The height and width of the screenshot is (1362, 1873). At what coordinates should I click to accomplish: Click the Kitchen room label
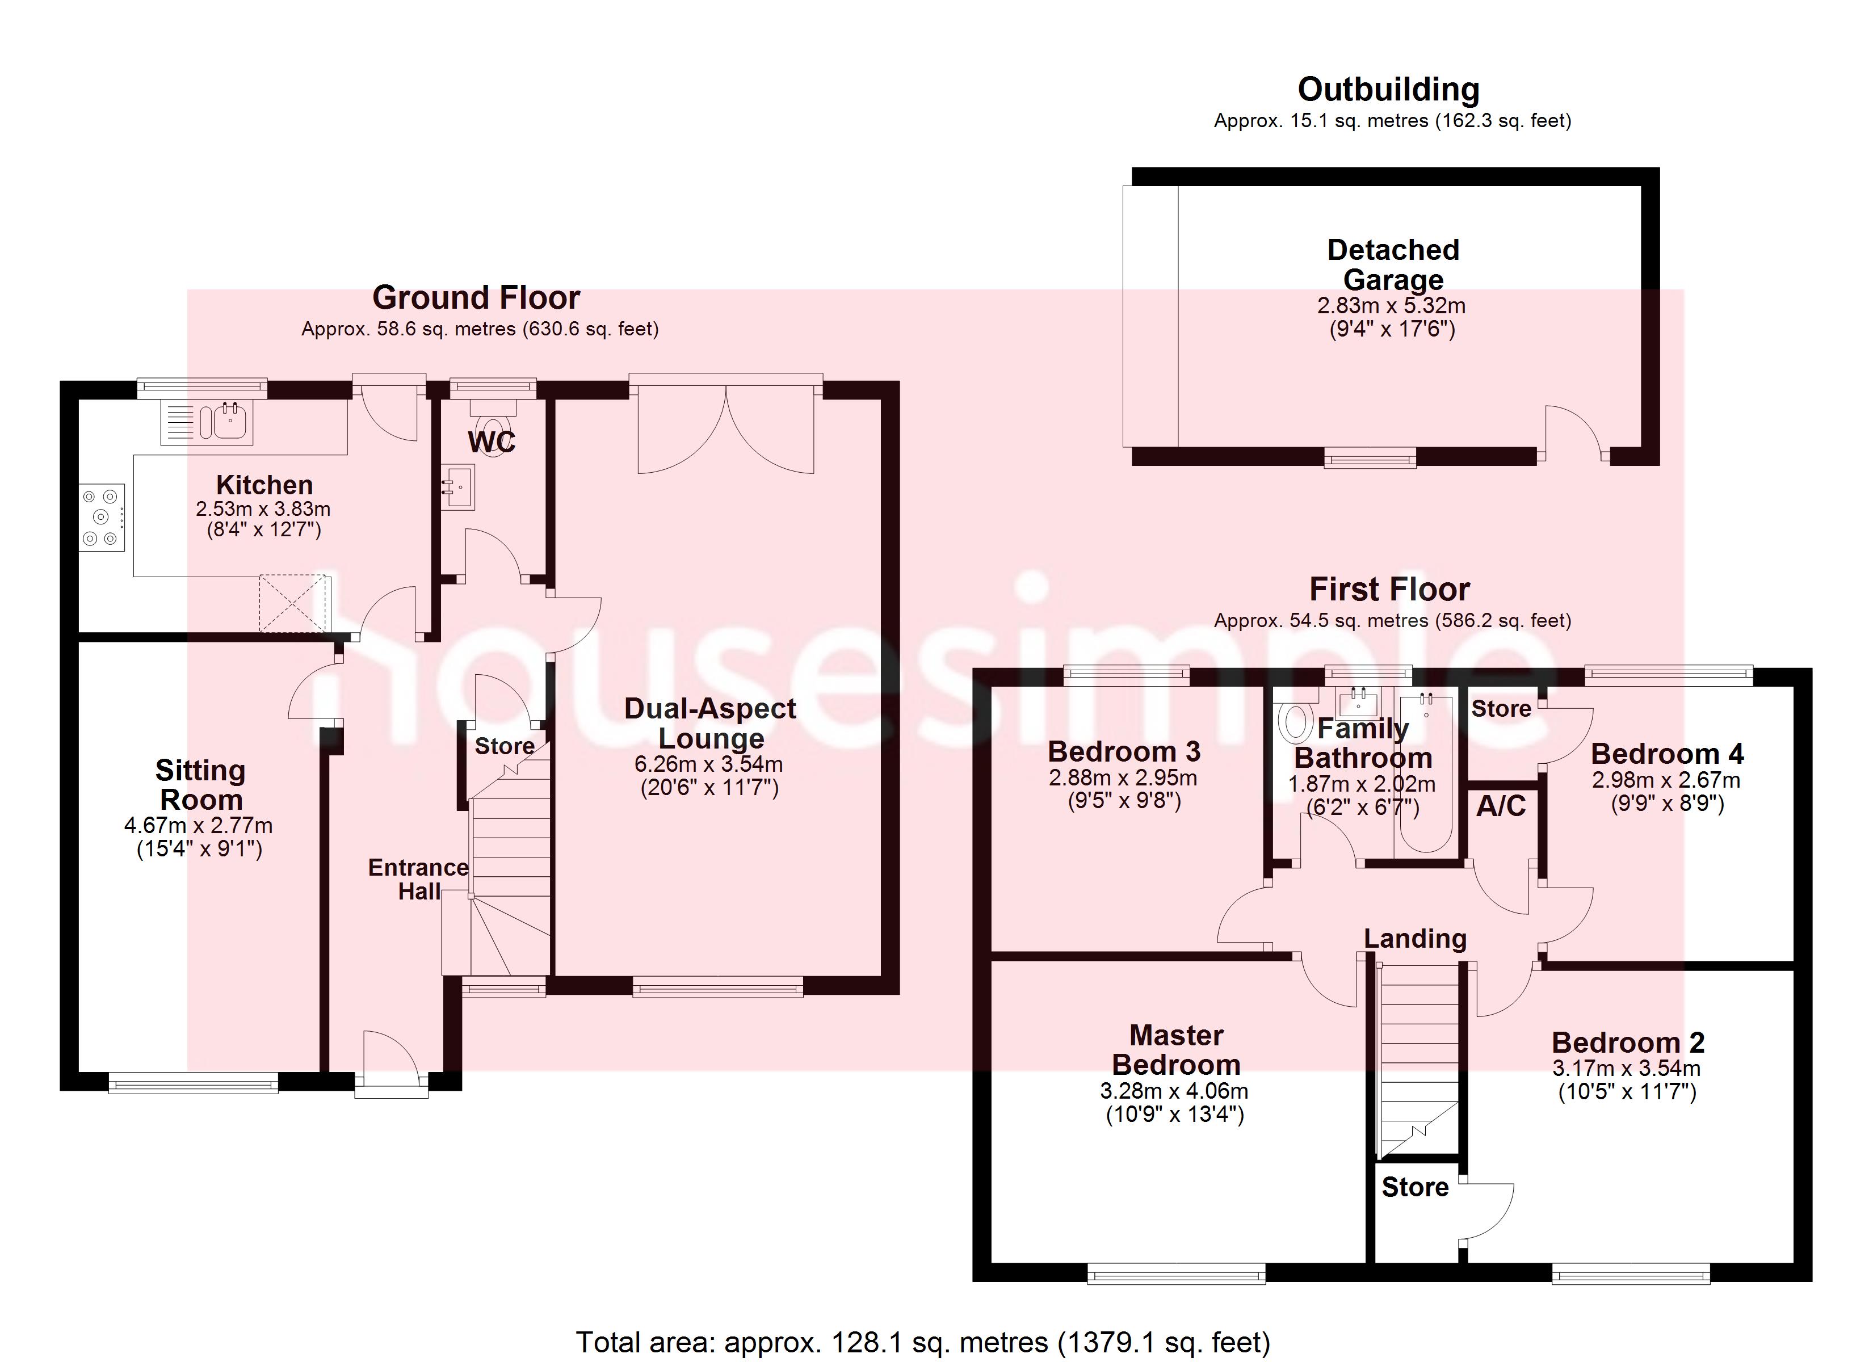tap(264, 485)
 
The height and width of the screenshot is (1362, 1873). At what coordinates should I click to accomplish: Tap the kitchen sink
tap(207, 423)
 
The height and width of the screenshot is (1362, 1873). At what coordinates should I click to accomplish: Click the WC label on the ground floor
tap(492, 442)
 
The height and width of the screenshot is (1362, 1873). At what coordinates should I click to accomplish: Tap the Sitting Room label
tap(201, 785)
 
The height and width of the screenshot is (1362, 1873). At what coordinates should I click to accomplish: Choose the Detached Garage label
tap(1393, 264)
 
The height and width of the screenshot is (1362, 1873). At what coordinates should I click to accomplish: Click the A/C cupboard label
tap(1501, 806)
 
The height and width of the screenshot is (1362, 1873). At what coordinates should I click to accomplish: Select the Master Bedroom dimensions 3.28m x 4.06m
tap(1174, 1091)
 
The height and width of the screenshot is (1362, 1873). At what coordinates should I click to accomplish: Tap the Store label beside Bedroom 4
tap(1501, 709)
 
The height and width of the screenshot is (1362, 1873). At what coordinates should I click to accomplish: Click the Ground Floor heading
tap(477, 297)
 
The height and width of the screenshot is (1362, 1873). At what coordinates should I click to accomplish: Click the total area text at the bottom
tap(922, 1342)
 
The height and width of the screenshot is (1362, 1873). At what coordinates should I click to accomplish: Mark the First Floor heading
tap(1390, 590)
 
